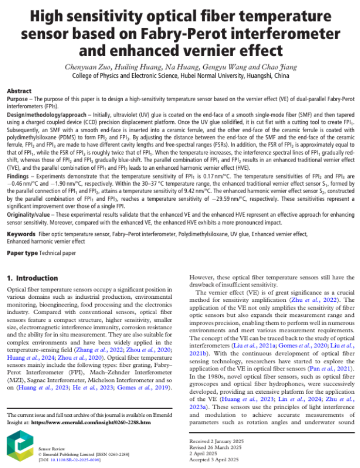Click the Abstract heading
pos(19,91)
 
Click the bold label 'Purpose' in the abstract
pos(19,98)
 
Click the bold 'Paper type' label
pos(22,253)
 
